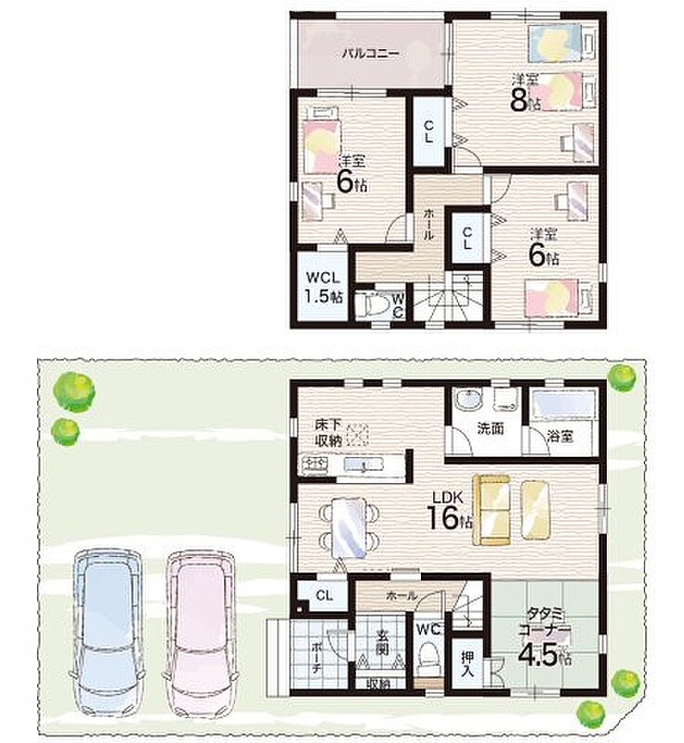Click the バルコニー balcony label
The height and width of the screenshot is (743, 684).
tap(371, 54)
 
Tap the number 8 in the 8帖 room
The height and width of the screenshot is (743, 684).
tap(520, 99)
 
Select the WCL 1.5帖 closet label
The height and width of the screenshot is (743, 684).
tap(323, 287)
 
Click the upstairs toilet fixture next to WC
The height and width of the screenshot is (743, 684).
tap(371, 306)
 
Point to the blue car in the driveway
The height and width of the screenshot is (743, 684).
tap(108, 634)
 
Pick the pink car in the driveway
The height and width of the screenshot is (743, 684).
tap(200, 634)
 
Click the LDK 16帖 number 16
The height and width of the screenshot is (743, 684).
tap(442, 517)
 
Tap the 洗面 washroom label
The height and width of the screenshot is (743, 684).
tap(491, 428)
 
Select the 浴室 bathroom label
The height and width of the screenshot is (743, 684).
tap(560, 437)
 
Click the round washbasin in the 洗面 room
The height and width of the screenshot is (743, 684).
tap(468, 400)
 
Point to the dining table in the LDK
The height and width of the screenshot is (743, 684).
tap(349, 527)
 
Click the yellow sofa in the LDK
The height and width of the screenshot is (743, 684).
tap(492, 510)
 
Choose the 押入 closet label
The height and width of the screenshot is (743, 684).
tap(467, 664)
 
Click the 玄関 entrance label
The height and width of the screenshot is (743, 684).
tap(382, 642)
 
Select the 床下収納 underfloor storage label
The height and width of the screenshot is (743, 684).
tap(328, 433)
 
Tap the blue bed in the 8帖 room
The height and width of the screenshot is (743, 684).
tap(555, 43)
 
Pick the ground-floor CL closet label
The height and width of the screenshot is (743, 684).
tap(324, 595)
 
